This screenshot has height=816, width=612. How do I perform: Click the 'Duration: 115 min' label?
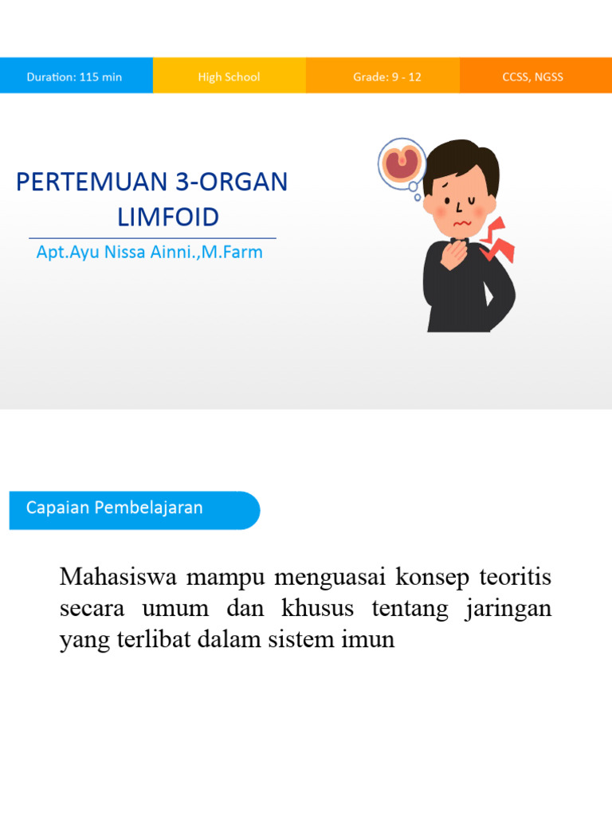[74, 77]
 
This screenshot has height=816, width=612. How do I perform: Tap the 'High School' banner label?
[229, 77]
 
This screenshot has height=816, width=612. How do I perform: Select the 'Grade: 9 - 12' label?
[387, 77]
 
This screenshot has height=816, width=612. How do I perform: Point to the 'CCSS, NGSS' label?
[532, 77]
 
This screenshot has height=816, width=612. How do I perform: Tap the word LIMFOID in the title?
[167, 217]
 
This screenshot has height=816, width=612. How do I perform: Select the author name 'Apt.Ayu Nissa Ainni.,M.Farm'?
[149, 253]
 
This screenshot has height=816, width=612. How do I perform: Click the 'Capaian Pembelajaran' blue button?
[115, 508]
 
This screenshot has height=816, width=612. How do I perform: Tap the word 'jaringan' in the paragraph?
[512, 609]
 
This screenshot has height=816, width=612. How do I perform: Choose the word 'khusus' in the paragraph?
[316, 609]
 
